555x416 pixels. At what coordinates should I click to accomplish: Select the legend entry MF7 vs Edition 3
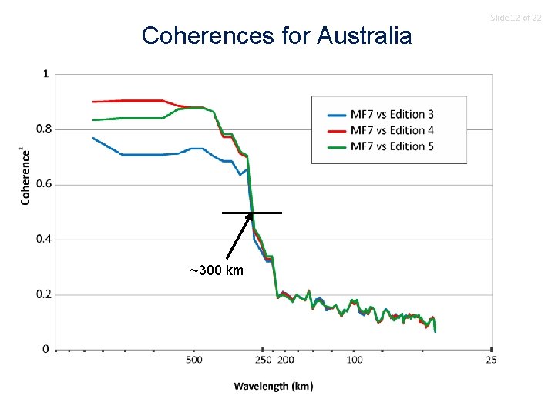(392, 114)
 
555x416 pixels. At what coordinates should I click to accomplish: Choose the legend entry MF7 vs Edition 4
(392, 130)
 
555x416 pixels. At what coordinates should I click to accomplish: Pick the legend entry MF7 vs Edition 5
(392, 146)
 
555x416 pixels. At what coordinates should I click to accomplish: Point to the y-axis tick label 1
(45, 74)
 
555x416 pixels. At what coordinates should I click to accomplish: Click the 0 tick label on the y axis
(45, 349)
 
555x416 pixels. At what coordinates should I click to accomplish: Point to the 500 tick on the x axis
(193, 360)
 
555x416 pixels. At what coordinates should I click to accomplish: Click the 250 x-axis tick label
(264, 360)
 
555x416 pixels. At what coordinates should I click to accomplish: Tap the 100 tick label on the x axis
(355, 360)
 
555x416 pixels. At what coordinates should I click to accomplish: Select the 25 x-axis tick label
(492, 360)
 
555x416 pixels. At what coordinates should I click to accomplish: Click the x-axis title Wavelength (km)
(274, 386)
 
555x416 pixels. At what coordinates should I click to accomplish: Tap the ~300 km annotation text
(217, 270)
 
